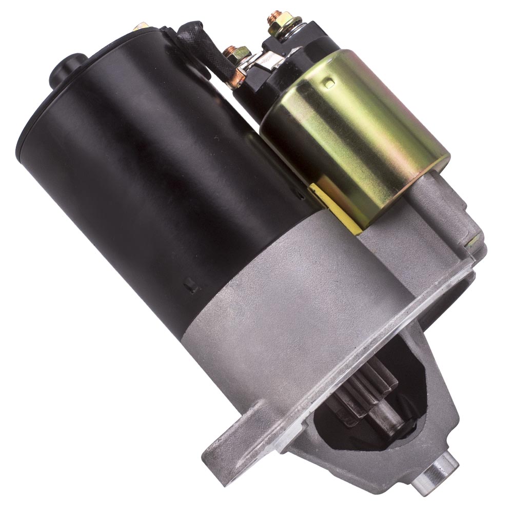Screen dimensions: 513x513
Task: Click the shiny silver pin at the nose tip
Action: [x=440, y=468]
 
